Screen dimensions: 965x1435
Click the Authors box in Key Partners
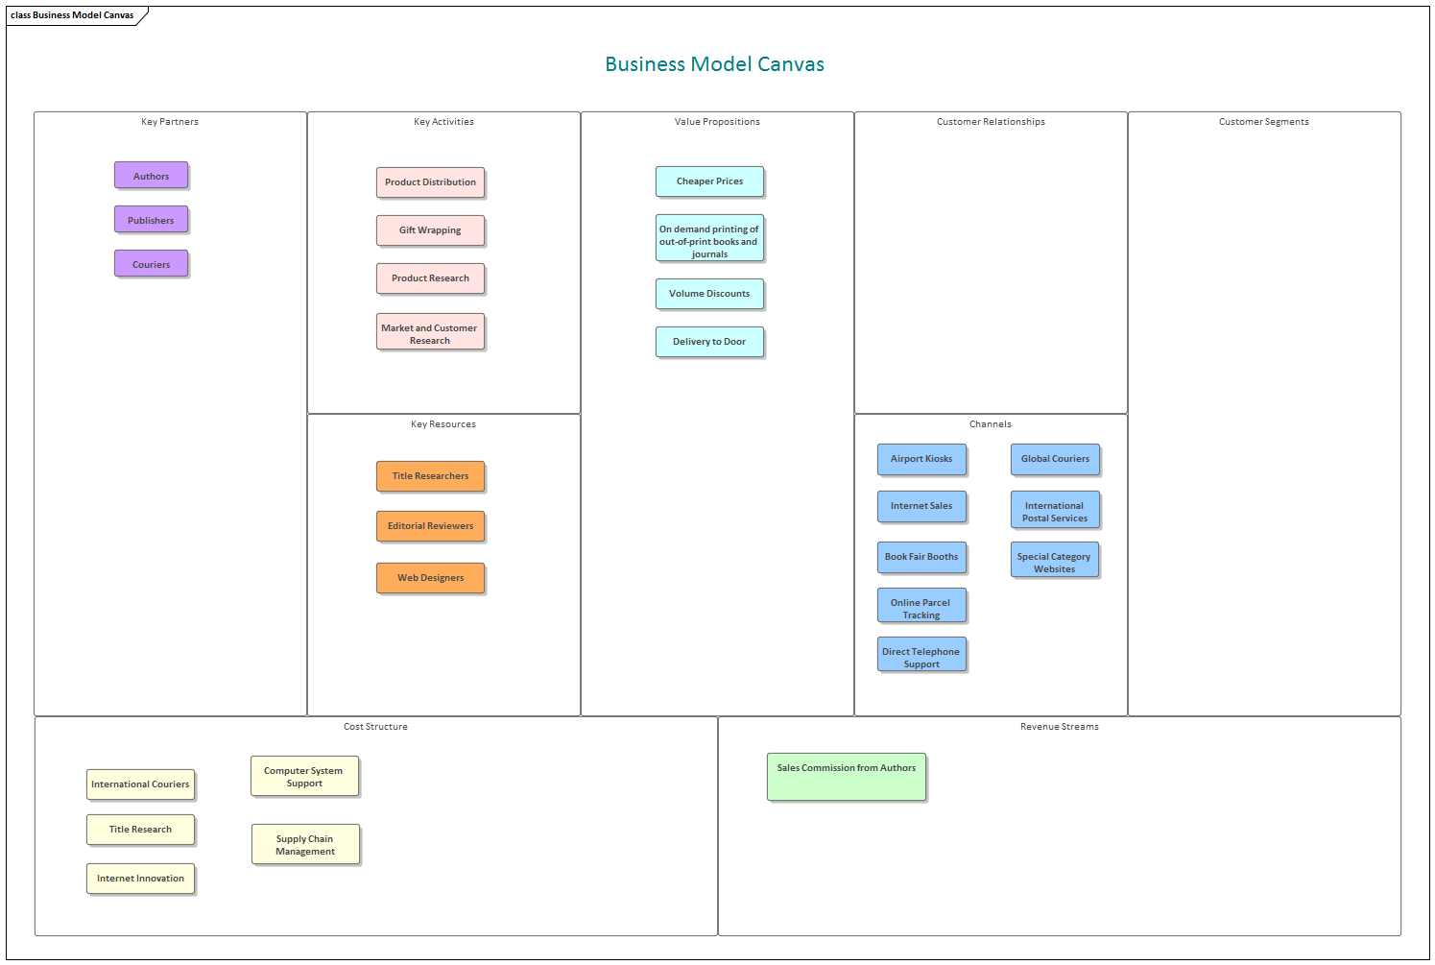151,176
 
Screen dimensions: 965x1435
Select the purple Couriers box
151,264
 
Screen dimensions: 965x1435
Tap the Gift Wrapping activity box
430,230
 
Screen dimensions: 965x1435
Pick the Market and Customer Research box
430,332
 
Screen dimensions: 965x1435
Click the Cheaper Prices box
709,181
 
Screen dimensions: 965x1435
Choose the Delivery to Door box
709,342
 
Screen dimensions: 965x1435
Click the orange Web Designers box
430,578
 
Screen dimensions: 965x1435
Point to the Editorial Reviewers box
430,526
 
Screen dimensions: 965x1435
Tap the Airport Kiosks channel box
921,459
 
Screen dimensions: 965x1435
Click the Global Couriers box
1055,459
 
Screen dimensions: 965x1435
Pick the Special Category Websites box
1054,561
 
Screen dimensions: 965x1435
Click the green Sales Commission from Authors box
847,777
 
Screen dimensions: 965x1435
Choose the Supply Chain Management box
305,844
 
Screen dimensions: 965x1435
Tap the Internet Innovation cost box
140,879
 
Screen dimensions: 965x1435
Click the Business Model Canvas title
714,64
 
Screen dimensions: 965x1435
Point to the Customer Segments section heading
1263,122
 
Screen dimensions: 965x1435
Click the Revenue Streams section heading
1059,727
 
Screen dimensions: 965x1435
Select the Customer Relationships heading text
991,122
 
